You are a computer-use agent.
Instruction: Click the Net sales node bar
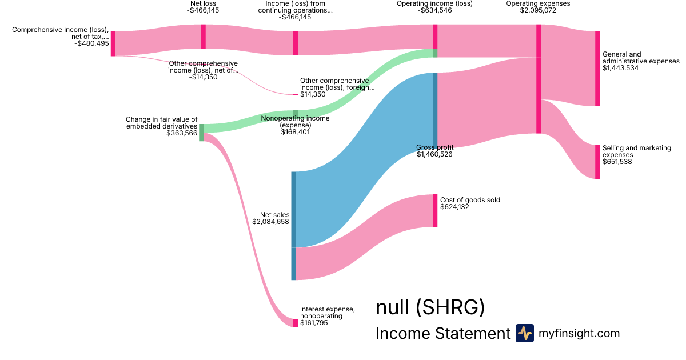(294, 226)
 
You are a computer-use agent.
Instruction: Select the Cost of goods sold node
(435, 210)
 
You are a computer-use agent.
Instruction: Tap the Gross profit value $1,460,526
(434, 154)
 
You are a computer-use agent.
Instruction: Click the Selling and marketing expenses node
(597, 162)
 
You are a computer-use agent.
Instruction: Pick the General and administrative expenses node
(597, 69)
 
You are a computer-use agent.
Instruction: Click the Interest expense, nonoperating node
(296, 323)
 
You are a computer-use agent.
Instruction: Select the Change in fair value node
(201, 133)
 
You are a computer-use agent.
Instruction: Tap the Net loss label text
(204, 3)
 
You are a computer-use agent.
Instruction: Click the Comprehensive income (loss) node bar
(113, 43)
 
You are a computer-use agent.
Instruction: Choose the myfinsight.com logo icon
(524, 333)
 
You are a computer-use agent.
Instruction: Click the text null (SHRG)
(430, 308)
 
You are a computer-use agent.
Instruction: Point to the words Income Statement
(442, 334)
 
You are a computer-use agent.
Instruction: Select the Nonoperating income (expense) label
(295, 122)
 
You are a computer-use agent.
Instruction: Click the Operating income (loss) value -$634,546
(434, 10)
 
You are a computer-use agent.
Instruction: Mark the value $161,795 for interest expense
(314, 323)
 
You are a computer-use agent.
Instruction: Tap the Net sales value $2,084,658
(271, 222)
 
